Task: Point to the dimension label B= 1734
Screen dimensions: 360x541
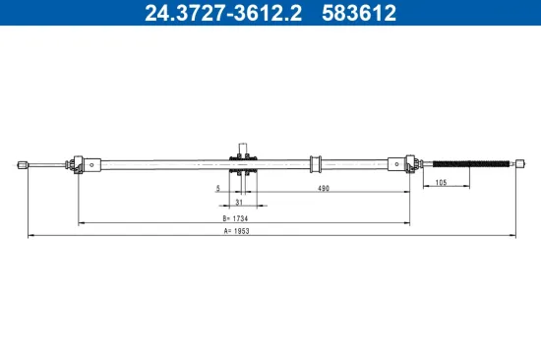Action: pos(236,217)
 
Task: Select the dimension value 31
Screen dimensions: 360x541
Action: pos(239,203)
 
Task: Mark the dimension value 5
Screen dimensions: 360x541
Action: pos(218,188)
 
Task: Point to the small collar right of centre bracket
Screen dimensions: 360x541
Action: pos(316,164)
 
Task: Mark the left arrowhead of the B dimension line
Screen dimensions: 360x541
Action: pos(81,223)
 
